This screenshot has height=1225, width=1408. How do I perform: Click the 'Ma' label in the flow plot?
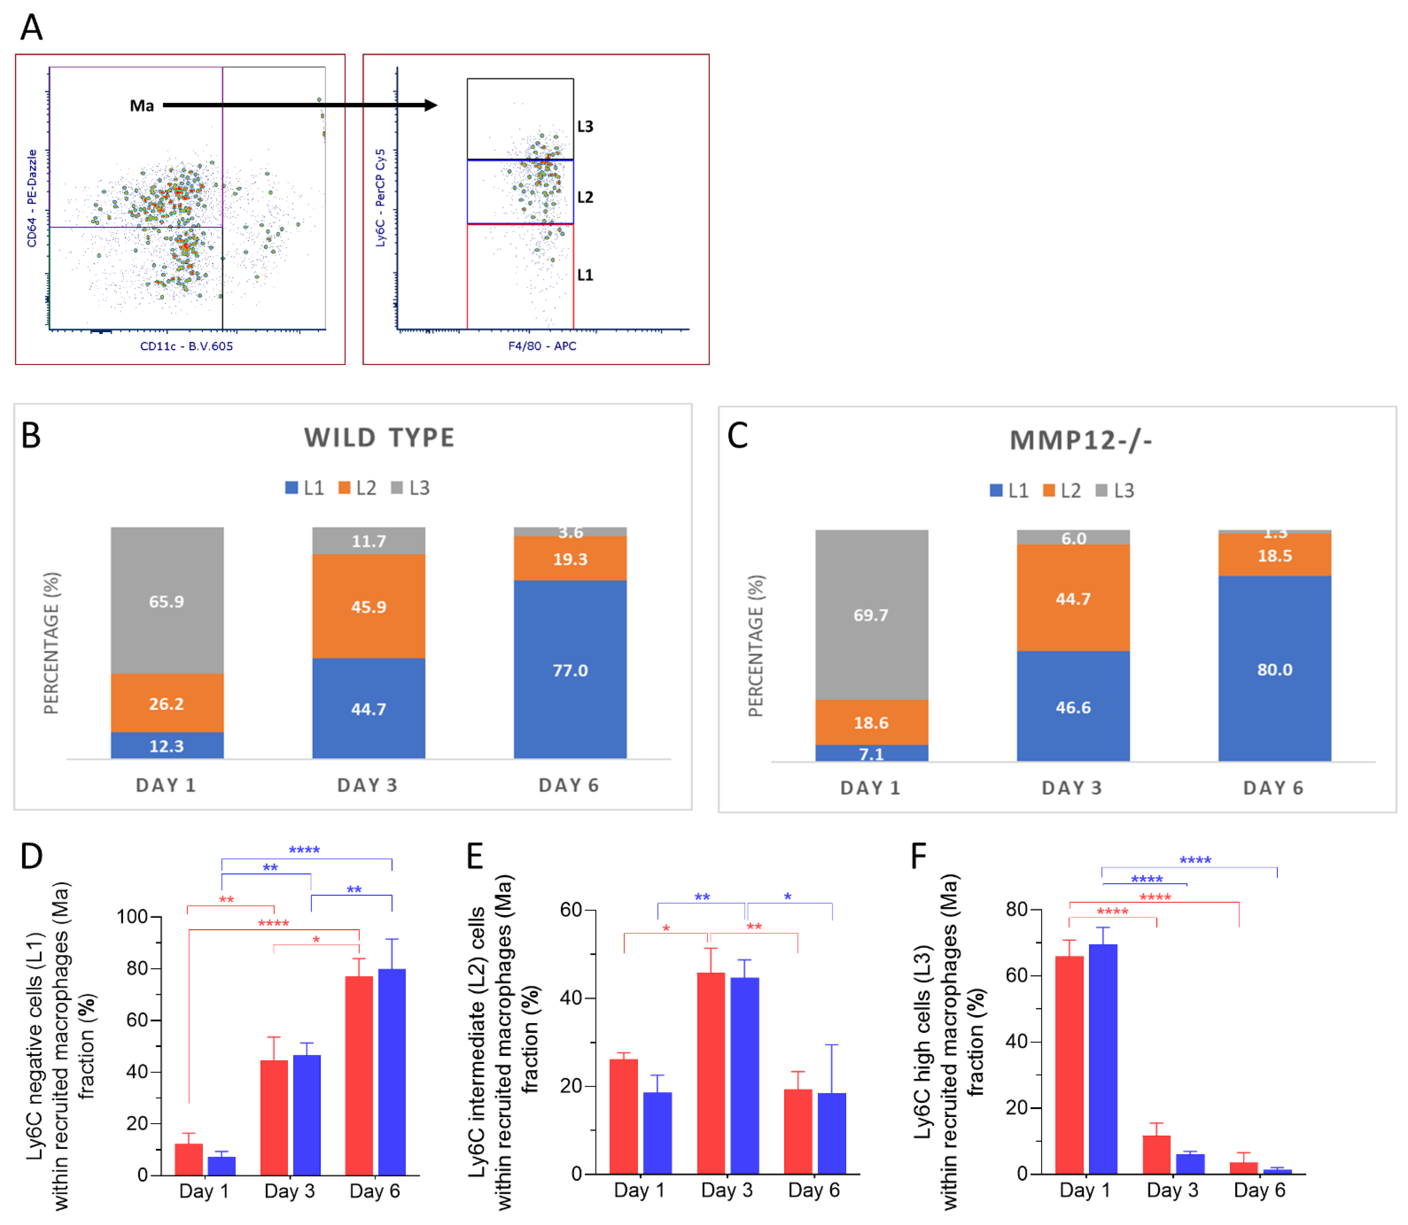tap(142, 106)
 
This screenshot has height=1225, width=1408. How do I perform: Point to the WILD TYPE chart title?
tap(379, 438)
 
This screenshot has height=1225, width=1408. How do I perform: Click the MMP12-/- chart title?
tap(1081, 440)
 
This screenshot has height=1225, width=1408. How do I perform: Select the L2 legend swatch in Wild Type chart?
tap(344, 487)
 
